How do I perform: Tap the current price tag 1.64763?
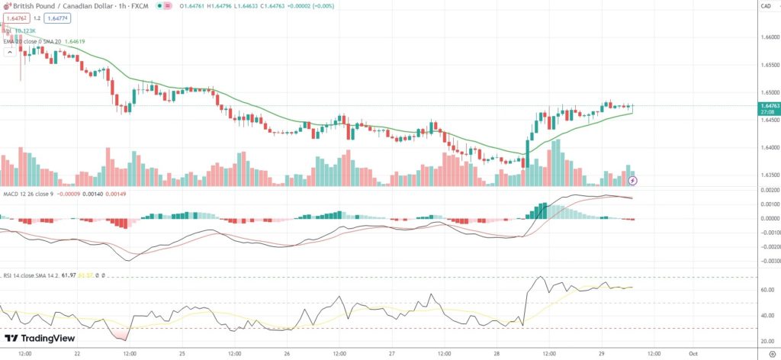(x=769, y=105)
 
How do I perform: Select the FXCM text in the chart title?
(x=137, y=5)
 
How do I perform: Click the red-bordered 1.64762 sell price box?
(x=16, y=18)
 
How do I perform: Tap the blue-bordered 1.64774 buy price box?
(x=56, y=18)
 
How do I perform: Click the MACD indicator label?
(x=11, y=194)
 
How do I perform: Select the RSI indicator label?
(x=8, y=275)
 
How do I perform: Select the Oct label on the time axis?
(x=693, y=354)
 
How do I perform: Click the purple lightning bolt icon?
(x=632, y=180)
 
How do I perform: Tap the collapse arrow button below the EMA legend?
(x=9, y=53)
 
